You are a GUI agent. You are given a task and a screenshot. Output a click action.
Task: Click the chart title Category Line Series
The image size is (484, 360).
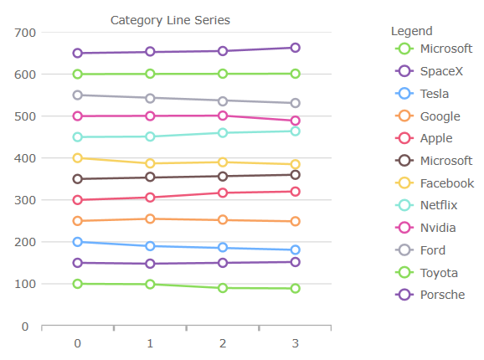click(x=170, y=20)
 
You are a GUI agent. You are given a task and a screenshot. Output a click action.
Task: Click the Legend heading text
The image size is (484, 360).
click(x=411, y=31)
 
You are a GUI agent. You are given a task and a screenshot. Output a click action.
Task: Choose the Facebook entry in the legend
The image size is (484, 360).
click(x=446, y=183)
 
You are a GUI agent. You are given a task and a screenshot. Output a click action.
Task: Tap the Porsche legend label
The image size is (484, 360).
click(x=442, y=295)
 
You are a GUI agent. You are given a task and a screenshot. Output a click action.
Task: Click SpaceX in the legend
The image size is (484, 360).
click(x=441, y=71)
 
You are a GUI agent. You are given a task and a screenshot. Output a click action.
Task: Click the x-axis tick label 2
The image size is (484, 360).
click(x=223, y=343)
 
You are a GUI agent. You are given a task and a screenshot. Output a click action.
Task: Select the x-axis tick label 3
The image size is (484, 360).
click(x=295, y=343)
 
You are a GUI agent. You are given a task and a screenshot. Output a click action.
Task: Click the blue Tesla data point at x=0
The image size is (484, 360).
click(x=78, y=242)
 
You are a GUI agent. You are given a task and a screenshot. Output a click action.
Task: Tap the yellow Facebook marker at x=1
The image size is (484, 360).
click(x=150, y=164)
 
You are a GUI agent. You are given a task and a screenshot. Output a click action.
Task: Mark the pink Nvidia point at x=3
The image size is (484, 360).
click(x=295, y=121)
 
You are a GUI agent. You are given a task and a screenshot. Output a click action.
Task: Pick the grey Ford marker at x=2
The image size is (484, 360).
click(x=223, y=100)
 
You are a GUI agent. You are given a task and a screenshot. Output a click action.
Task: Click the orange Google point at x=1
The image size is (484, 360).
click(x=150, y=219)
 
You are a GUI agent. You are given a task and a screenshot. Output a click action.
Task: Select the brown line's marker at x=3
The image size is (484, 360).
click(x=295, y=174)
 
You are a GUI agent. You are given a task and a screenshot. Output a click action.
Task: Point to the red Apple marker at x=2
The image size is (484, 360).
click(x=223, y=193)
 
